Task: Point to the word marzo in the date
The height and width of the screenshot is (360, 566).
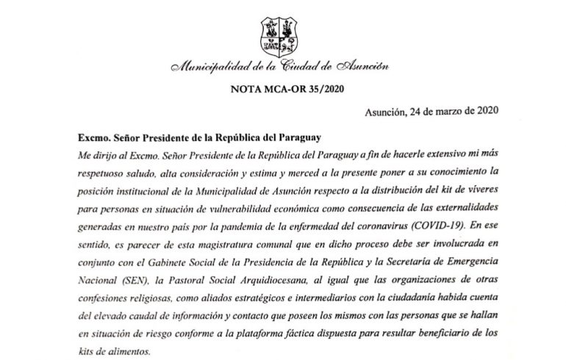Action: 448,112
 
